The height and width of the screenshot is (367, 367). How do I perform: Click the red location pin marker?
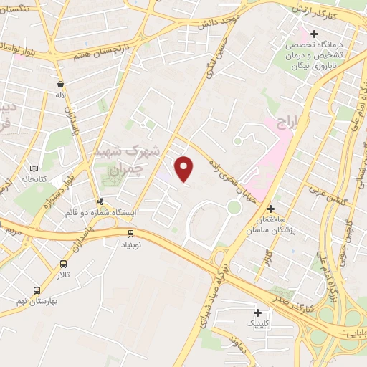(x=185, y=169)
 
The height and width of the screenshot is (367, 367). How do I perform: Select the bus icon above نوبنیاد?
(x=130, y=233)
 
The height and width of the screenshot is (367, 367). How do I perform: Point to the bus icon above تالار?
(x=64, y=264)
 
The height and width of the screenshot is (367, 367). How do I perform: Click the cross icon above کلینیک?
(x=257, y=313)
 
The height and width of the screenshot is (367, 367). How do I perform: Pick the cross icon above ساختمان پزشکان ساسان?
(x=270, y=209)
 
